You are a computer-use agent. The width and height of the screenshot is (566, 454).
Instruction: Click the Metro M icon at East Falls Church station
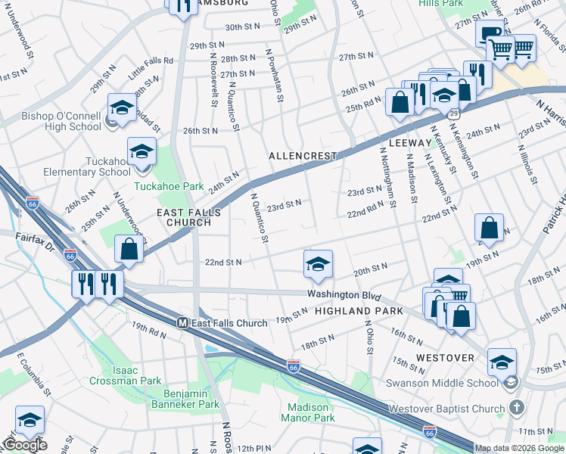point(182,323)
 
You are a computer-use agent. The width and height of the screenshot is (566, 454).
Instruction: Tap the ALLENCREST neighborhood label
point(302,156)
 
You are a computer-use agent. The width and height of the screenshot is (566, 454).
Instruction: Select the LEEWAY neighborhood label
point(409,142)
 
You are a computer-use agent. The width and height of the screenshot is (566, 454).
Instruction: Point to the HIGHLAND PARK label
point(354,311)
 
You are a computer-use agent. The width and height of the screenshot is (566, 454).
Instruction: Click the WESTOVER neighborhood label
point(446,357)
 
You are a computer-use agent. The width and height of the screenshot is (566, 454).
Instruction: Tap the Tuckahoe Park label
point(159,186)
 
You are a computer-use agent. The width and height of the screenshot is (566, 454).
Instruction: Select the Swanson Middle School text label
point(453,384)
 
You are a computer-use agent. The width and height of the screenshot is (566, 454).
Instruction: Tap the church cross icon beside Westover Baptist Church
point(516,409)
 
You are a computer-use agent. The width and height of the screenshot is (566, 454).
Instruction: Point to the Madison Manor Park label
point(308,412)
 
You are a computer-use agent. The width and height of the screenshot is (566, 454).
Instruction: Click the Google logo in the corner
point(24,445)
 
